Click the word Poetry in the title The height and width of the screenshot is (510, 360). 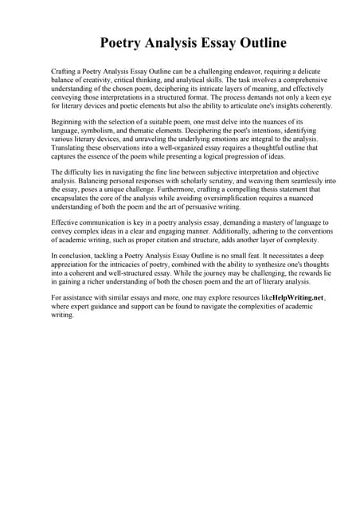click(x=122, y=42)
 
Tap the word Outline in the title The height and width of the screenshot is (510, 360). click(x=260, y=42)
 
